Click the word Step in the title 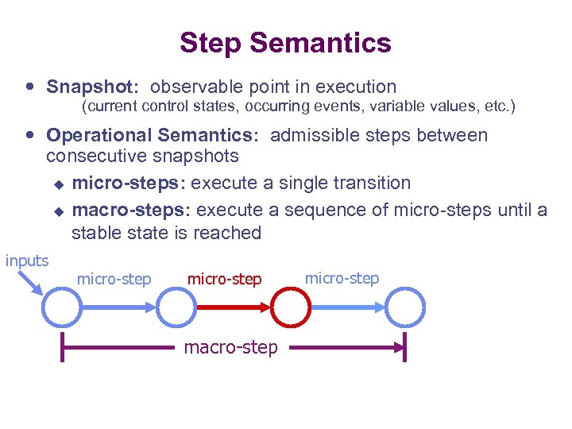(207, 43)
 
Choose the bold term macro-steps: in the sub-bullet (131, 210)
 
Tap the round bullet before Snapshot (30, 87)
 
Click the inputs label (27, 261)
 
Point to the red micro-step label (224, 279)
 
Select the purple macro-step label (230, 347)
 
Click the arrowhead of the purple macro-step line (397, 347)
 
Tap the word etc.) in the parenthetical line (498, 106)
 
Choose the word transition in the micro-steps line (371, 183)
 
